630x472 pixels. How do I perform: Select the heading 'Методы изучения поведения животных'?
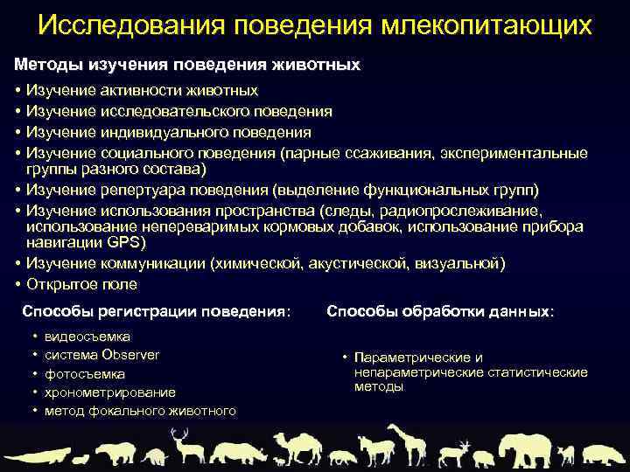[186, 65]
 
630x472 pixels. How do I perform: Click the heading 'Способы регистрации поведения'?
[155, 311]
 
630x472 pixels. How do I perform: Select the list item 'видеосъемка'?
[87, 336]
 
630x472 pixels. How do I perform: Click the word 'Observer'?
[130, 354]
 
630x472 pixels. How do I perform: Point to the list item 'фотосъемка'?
[84, 373]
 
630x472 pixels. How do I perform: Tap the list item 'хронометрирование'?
[109, 392]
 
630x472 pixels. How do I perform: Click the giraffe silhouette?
[404, 443]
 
